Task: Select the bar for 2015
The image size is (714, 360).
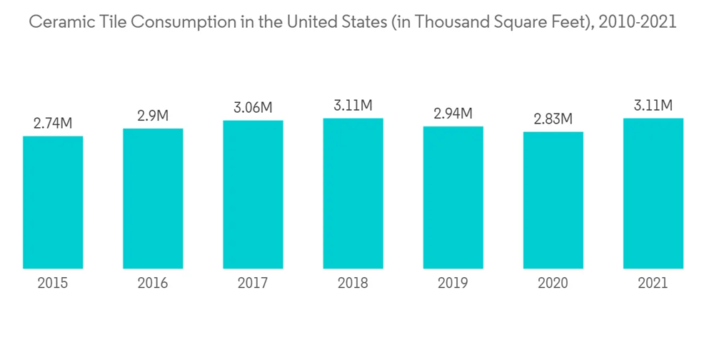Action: [53, 202]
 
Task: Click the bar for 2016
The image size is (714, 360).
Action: [153, 199]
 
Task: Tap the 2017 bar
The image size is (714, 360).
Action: [253, 194]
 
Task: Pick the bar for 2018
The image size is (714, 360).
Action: [353, 193]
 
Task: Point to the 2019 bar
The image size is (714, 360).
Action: [453, 197]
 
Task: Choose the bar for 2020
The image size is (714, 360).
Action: [553, 200]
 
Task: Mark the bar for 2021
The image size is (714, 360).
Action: [653, 193]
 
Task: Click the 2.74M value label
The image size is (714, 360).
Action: [53, 123]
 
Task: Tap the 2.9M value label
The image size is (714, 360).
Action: [153, 116]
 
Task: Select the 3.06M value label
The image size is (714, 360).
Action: [253, 108]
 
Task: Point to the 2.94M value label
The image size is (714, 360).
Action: [453, 113]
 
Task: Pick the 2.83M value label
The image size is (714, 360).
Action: [553, 119]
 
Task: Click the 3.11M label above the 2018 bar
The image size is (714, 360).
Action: [353, 106]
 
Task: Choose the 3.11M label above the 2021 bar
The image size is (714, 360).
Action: [653, 106]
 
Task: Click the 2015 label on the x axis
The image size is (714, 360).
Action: [53, 284]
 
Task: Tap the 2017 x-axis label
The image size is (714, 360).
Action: [253, 284]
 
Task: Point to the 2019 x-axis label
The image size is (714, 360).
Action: [453, 284]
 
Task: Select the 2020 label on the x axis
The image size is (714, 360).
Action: [553, 284]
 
